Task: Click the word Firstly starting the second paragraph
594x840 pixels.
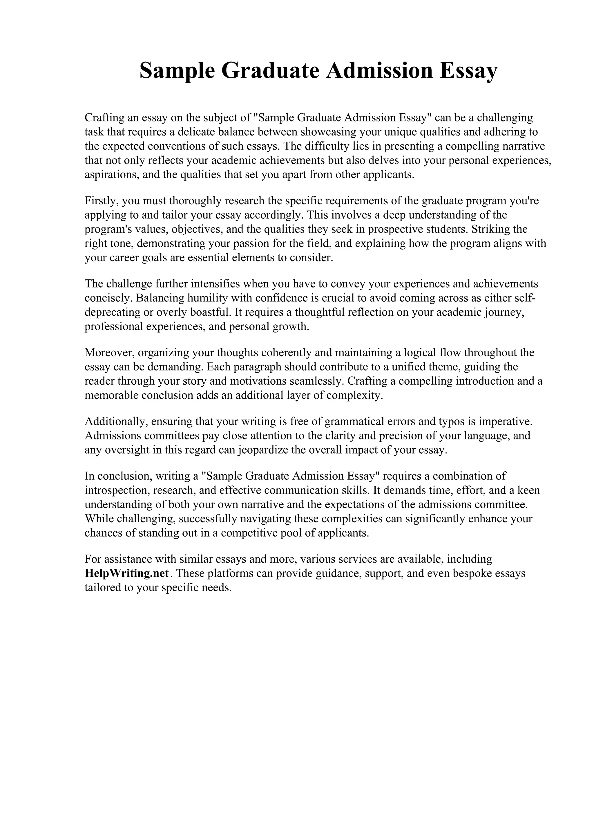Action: (x=100, y=201)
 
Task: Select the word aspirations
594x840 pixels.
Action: (x=112, y=174)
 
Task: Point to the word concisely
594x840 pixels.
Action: (x=108, y=298)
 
